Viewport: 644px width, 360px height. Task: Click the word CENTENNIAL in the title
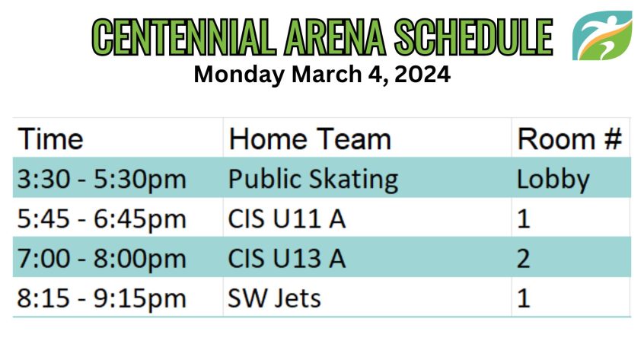coord(183,37)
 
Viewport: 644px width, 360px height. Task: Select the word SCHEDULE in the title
coord(473,37)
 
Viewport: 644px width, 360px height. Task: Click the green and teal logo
coord(602,36)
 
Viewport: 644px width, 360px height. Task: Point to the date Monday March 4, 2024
coord(322,75)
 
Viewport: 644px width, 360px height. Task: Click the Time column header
coord(50,139)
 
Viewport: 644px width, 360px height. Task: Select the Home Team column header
coord(310,139)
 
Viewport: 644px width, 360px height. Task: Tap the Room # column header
coord(569,139)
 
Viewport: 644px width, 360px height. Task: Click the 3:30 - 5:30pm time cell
coord(102,180)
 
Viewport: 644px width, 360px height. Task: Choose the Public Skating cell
coord(313,180)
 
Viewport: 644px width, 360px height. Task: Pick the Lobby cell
coord(553,180)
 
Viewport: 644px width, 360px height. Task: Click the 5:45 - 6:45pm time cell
coord(102,218)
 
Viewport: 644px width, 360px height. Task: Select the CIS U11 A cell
coord(287,218)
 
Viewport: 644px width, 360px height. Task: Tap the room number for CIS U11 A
coord(523,218)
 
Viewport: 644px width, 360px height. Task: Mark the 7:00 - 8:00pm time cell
coord(102,259)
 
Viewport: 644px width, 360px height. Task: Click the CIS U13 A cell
coord(287,259)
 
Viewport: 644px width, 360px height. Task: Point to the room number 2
coord(523,259)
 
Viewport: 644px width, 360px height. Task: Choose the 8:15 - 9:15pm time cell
coord(102,298)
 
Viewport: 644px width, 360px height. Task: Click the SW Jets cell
coord(274,298)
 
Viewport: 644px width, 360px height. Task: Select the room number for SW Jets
coord(523,298)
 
